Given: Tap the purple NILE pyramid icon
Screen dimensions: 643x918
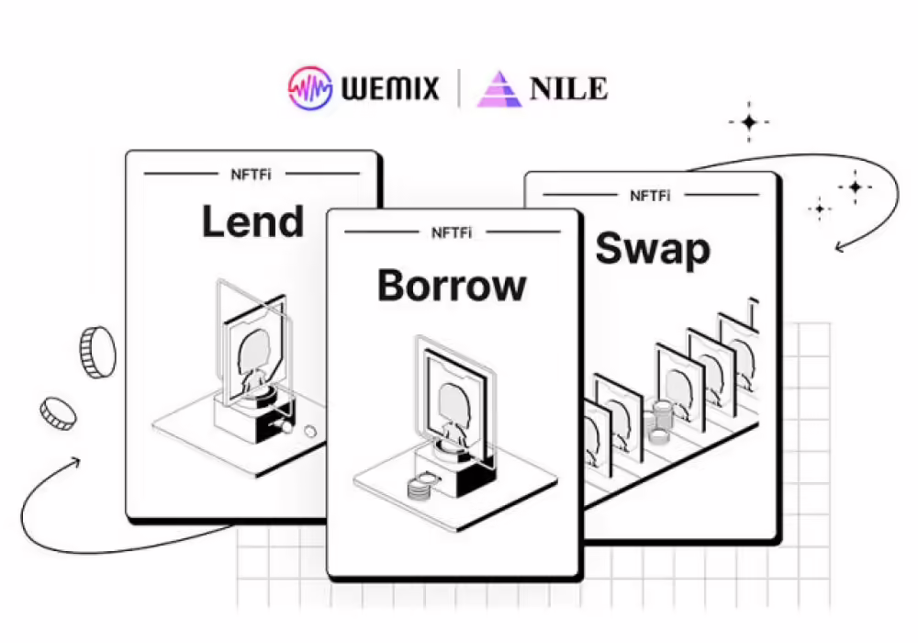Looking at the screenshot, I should (x=498, y=89).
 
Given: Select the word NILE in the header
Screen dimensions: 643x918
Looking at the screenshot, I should (x=568, y=89).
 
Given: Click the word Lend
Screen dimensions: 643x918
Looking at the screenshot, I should (x=252, y=222).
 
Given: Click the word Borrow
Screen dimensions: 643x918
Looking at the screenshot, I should (x=452, y=286).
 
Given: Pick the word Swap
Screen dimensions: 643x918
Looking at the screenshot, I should (x=653, y=249).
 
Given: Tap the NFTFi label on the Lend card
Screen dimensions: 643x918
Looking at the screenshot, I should (x=252, y=172).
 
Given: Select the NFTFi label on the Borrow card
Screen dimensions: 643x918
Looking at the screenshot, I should (x=453, y=233).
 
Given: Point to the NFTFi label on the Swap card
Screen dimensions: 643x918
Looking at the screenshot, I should (x=650, y=195).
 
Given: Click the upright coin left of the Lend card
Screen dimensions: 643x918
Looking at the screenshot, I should (x=96, y=352).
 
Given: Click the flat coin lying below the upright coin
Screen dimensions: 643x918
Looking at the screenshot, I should (x=57, y=413).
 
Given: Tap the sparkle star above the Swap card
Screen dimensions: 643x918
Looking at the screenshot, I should (x=749, y=122).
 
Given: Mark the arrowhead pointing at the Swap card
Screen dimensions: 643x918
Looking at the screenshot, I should (x=840, y=246).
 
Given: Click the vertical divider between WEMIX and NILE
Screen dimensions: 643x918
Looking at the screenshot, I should (x=459, y=89).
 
